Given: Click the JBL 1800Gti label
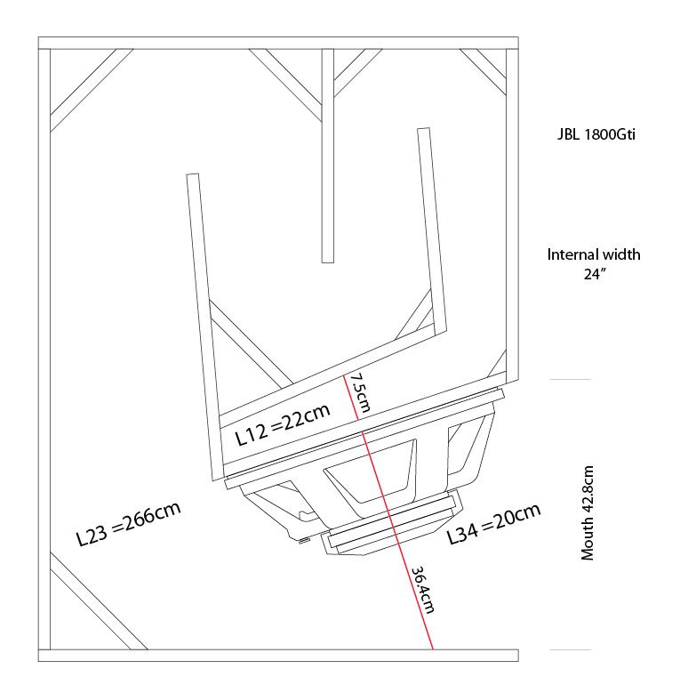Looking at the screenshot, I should [x=593, y=136].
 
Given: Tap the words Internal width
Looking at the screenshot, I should [x=593, y=254].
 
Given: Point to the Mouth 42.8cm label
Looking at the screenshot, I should [x=588, y=513].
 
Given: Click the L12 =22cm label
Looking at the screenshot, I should [x=281, y=424].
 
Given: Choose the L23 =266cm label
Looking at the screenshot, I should [x=129, y=524].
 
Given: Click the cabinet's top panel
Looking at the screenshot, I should [x=277, y=42].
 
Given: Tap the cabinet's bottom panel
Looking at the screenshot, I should [x=277, y=656].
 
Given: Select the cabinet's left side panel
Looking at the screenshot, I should [x=44, y=347].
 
